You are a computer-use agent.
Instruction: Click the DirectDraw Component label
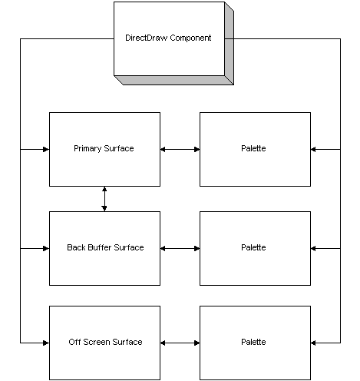(x=168, y=38)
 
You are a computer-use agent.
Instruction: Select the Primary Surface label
(x=104, y=148)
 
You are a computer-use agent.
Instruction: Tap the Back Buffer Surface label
(x=105, y=247)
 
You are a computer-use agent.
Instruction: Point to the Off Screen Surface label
(x=105, y=342)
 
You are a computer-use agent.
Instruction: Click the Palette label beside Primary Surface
(x=253, y=148)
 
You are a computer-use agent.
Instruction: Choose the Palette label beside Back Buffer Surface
(x=253, y=247)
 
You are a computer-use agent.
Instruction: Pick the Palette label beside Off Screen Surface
(x=253, y=342)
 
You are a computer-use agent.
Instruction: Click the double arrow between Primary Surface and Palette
(x=180, y=149)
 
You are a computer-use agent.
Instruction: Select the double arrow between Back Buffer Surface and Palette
(x=180, y=248)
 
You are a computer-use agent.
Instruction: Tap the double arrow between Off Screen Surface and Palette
(x=180, y=343)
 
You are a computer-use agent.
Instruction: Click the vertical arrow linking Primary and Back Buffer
(x=104, y=199)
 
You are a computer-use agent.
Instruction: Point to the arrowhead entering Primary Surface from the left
(x=46, y=149)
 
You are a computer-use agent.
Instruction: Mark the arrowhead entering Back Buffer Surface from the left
(x=46, y=248)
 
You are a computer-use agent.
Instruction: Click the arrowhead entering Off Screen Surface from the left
(x=46, y=343)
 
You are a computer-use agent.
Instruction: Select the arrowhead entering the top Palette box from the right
(x=313, y=149)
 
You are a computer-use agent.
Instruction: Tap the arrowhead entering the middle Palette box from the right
(x=313, y=248)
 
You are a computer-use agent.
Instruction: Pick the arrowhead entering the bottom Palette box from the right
(x=313, y=343)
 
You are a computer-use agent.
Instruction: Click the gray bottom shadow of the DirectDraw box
(x=174, y=80)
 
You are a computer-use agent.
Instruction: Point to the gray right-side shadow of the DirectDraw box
(x=230, y=44)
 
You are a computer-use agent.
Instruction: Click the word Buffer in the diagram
(x=99, y=247)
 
